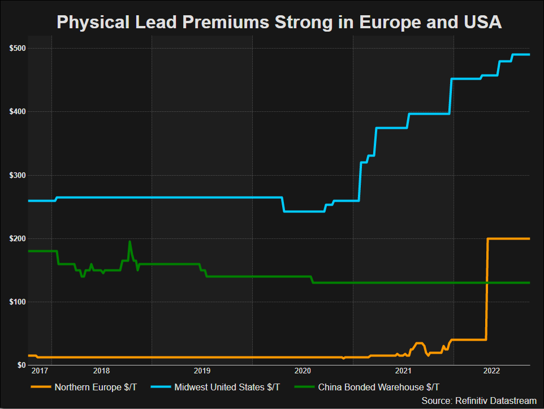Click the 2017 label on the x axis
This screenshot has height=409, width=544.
click(40, 371)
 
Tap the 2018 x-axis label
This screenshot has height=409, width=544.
click(101, 371)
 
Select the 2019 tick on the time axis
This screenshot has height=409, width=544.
click(202, 371)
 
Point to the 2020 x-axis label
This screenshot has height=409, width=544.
click(303, 371)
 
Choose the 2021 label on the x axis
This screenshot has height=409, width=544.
click(403, 371)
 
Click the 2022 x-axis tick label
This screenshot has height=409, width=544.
click(491, 371)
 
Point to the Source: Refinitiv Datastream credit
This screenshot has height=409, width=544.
click(479, 400)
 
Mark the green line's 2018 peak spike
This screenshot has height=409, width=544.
click(129, 242)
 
